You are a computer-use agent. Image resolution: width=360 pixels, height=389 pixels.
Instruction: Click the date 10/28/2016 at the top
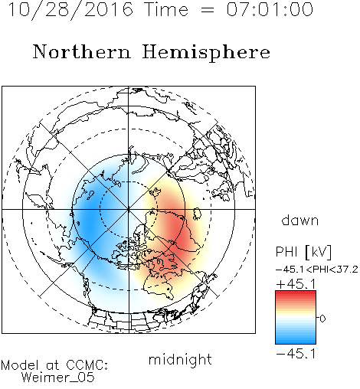[x=70, y=10]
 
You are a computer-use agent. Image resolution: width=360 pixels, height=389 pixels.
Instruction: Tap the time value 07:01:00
[x=270, y=9]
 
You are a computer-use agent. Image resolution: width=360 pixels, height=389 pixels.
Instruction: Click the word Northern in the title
[x=82, y=51]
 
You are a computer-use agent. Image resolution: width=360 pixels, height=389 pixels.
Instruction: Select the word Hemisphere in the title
[x=206, y=53]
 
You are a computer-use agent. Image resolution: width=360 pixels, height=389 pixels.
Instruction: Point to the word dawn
[x=300, y=221]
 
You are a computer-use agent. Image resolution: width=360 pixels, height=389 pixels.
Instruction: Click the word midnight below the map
[x=180, y=359]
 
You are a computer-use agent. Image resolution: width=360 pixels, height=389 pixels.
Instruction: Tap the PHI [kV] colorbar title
[x=303, y=252]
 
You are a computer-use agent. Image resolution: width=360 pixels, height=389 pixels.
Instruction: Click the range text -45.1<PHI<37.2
[x=317, y=270]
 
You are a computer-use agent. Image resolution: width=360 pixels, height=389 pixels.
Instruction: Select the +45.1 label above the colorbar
[x=296, y=284]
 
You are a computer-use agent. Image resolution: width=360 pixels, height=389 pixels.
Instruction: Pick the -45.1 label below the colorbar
[x=296, y=354]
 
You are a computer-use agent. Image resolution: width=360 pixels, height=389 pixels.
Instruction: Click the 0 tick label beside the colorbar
[x=322, y=319]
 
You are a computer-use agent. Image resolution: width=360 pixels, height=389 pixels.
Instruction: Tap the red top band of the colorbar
[x=296, y=294]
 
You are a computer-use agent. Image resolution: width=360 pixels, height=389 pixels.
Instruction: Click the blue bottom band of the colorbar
[x=296, y=341]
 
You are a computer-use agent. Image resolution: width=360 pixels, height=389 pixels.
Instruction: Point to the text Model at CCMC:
[x=54, y=365]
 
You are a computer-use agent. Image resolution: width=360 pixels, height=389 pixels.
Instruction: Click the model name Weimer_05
[x=57, y=378]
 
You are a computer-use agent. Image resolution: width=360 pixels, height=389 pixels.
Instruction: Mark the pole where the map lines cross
[x=129, y=209]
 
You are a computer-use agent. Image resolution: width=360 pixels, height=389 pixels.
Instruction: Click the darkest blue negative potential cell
[x=90, y=220]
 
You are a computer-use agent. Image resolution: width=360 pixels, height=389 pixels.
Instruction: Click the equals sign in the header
[x=207, y=10]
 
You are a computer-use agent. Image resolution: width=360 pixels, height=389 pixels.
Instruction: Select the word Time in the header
[x=166, y=9]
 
